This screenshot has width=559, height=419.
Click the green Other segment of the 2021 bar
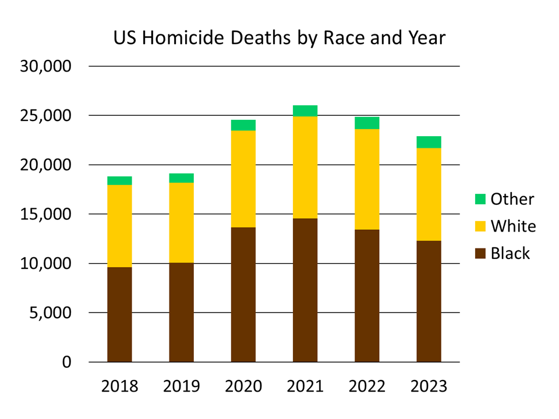305,111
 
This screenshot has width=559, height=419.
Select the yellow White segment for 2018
119,226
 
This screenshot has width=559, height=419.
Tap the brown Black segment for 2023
429,301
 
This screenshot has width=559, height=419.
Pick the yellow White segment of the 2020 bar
243,179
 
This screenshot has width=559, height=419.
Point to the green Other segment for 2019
181,178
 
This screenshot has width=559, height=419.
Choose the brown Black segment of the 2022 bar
367,296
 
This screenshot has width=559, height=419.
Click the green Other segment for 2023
429,142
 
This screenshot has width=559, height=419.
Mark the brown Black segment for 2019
181,313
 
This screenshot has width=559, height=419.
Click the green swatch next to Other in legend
480,199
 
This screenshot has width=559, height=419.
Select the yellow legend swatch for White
480,226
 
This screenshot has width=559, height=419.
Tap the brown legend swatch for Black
480,254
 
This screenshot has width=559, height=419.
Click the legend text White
513,226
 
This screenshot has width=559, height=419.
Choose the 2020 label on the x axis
243,386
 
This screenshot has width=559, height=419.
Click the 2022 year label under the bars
367,386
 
